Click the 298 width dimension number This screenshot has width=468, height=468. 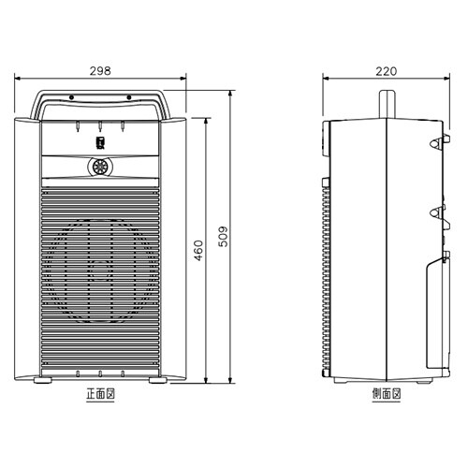[100, 71]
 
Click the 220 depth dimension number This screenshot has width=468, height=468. [387, 71]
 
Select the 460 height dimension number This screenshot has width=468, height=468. [198, 250]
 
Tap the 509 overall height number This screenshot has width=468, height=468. [223, 237]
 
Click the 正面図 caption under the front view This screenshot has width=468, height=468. [100, 394]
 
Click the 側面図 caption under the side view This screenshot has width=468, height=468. [387, 394]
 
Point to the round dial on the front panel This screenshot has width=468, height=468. [99, 168]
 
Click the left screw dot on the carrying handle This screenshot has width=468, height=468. [71, 97]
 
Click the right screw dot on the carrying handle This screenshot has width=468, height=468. [129, 97]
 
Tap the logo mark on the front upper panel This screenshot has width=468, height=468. [99, 142]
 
